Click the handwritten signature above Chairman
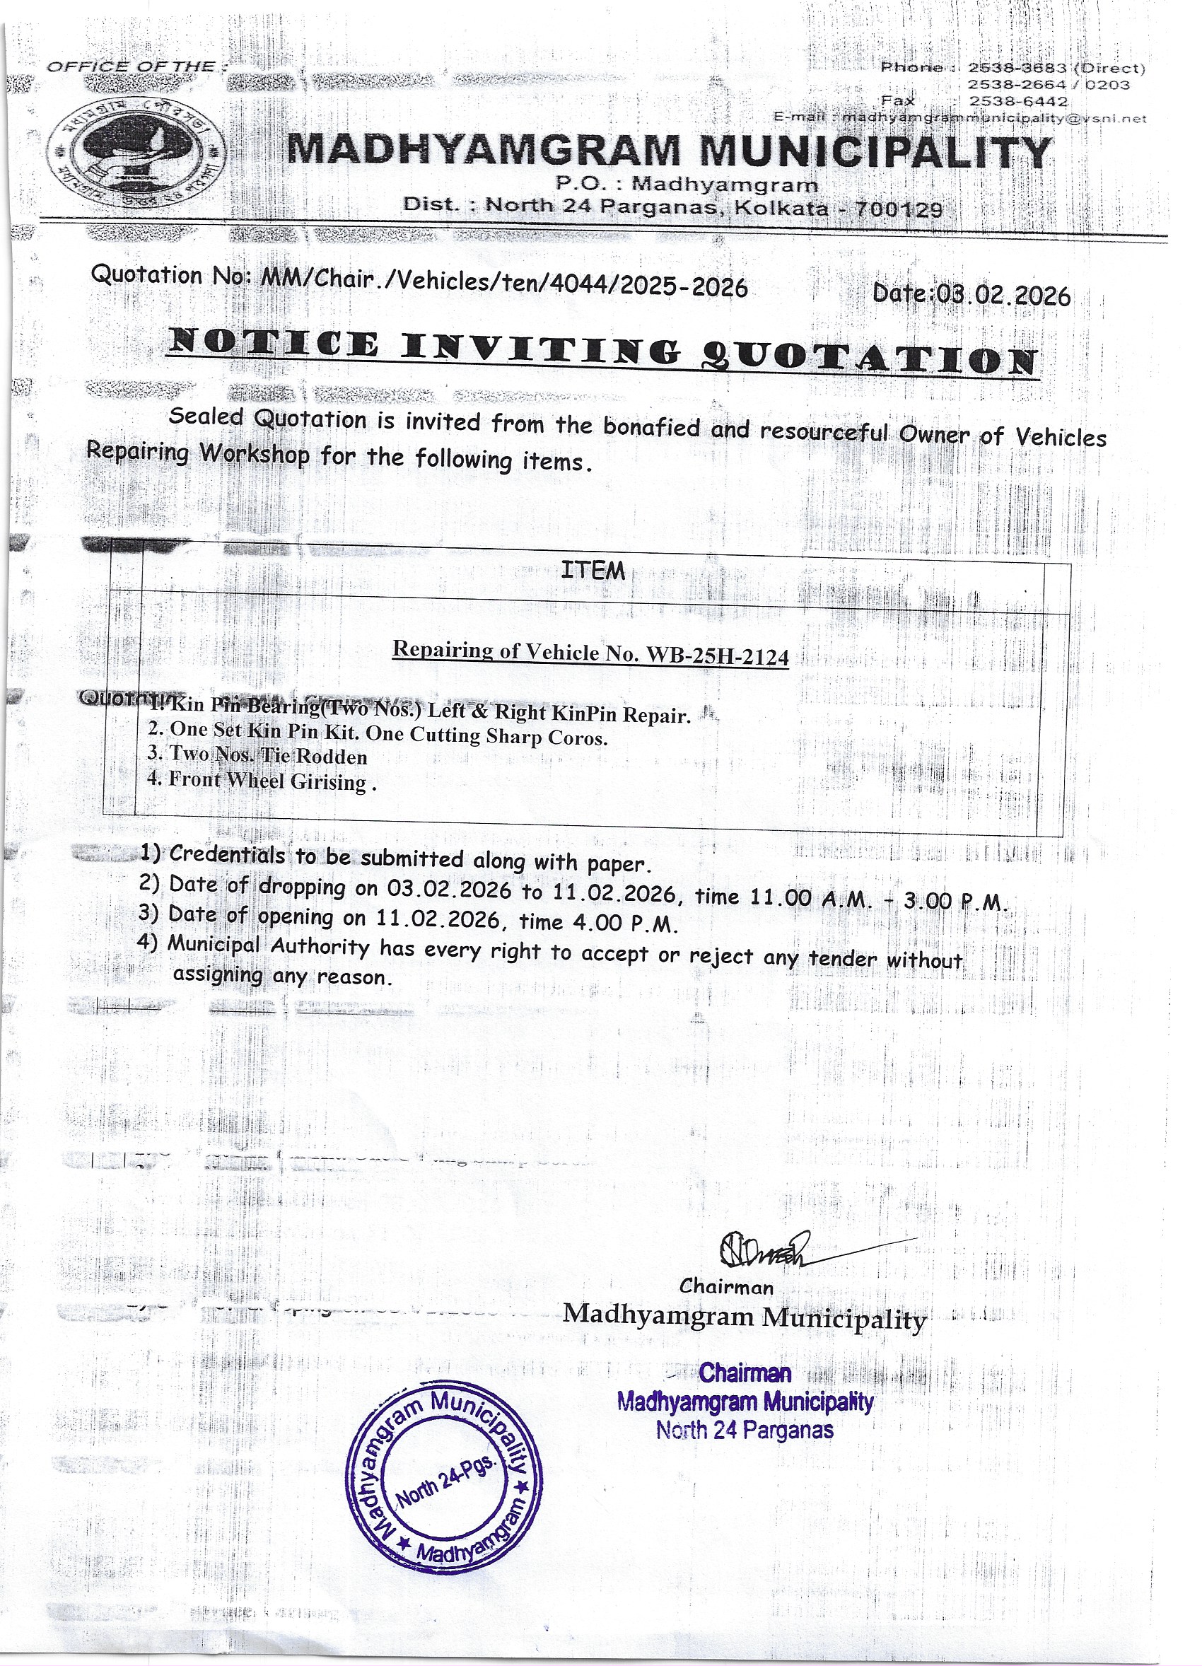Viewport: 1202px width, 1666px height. (764, 1248)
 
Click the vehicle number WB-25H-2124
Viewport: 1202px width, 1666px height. (717, 656)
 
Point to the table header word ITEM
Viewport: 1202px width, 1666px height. (593, 571)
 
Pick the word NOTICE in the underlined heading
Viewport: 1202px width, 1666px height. (274, 344)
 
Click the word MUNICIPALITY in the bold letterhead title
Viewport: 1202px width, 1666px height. (875, 152)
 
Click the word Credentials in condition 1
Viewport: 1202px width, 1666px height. (227, 854)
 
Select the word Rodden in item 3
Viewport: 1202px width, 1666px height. (332, 757)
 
